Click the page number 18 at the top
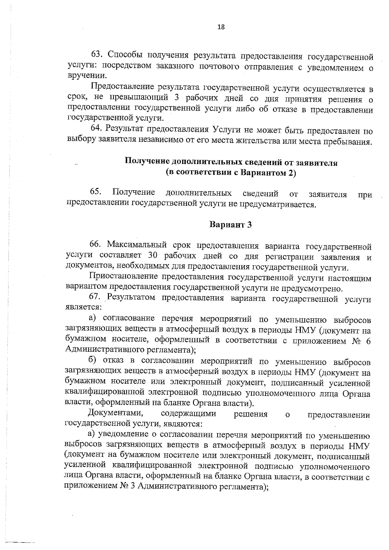point(221,27)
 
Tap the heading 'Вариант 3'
point(230,225)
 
